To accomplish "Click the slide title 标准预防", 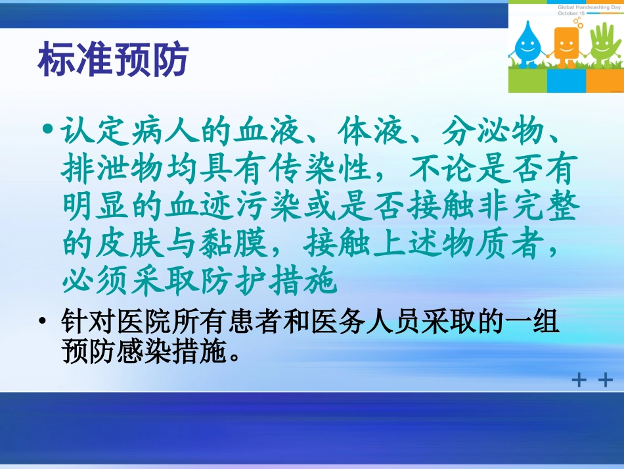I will click(114, 61).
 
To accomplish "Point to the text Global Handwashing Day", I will click(589, 5).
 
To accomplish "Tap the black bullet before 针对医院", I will click(43, 322).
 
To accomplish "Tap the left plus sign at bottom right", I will click(579, 380).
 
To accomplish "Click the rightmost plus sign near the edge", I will click(605, 380).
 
